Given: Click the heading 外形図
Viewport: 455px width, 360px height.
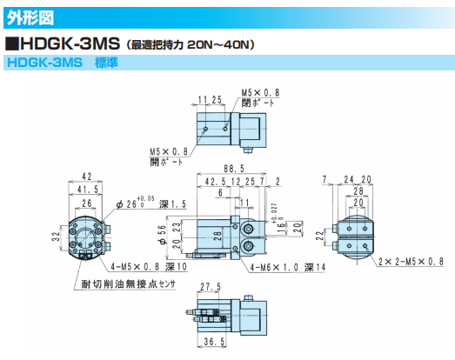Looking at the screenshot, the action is coord(30,18).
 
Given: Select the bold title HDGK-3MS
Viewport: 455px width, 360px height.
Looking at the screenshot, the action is coord(70,43).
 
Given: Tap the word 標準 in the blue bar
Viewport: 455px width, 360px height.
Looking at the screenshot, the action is coord(106,63).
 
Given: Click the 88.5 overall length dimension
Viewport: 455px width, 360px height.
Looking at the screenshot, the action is coord(234,169).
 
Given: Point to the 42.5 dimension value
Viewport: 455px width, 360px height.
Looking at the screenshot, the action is coord(215,182).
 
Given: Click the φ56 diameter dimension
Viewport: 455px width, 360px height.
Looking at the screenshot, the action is coord(163,235).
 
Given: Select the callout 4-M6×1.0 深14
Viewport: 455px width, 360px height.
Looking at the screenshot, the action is coord(288,268).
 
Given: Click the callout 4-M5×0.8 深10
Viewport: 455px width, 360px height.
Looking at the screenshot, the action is coord(149,267).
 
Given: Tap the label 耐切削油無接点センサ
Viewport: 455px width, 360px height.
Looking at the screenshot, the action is coord(128,284).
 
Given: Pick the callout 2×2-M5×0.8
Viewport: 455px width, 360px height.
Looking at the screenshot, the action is coord(411,262).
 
